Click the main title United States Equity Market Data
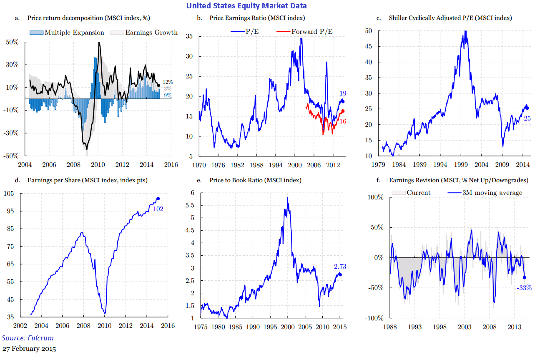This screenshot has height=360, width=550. [246, 5]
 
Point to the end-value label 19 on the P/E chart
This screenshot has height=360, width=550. [343, 93]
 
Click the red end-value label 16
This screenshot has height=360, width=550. [343, 121]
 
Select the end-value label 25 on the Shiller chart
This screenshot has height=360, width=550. [527, 118]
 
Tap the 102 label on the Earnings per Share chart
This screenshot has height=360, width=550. [158, 209]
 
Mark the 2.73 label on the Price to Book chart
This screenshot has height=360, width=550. [340, 267]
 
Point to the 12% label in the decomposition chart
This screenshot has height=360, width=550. [168, 82]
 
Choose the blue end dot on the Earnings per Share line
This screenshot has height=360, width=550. [158, 199]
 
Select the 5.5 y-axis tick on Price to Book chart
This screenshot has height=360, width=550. [190, 205]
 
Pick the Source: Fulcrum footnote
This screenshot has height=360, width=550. [28, 338]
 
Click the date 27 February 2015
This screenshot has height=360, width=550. [29, 348]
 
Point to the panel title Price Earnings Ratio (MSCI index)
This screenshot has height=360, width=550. [257, 18]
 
